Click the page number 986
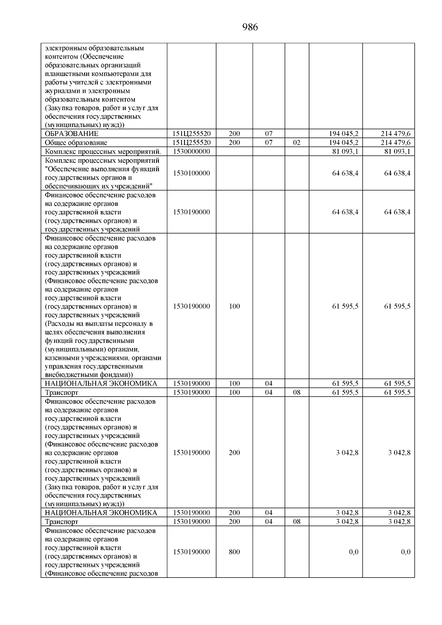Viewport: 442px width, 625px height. [250, 27]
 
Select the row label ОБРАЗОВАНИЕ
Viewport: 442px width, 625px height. [71, 134]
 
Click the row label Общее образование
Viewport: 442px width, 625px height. [76, 143]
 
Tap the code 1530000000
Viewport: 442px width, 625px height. [191, 151]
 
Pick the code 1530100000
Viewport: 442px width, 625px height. [191, 173]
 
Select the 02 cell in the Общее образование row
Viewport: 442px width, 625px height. [297, 143]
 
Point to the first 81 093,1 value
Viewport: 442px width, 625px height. [345, 151]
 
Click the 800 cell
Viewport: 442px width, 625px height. [234, 552]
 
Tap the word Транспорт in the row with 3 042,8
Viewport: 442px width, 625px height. [62, 522]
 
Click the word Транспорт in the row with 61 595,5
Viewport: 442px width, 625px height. [62, 393]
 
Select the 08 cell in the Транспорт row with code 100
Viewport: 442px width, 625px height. [297, 392]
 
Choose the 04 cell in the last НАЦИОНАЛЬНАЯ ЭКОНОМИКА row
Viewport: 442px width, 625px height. [269, 513]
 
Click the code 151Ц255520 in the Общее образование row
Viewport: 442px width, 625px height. [191, 143]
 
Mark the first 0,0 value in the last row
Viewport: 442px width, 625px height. [354, 552]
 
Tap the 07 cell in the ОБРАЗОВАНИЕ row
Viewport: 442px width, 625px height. [269, 134]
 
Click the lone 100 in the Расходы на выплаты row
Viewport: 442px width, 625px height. [234, 306]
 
